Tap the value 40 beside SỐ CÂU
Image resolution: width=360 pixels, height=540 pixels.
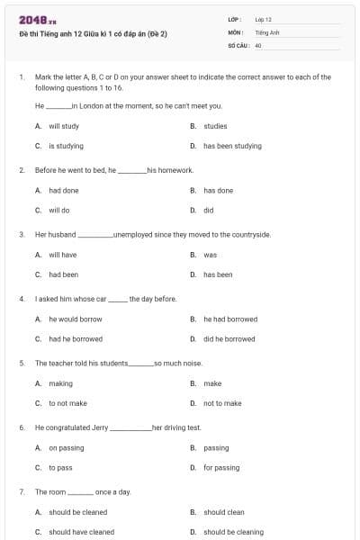[x=258, y=43]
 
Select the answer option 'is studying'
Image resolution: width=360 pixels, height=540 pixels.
[x=66, y=146]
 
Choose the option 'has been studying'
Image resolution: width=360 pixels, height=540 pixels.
[x=232, y=146]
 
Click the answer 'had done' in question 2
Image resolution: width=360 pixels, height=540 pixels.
[x=64, y=191]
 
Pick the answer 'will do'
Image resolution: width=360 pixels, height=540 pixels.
[x=59, y=210]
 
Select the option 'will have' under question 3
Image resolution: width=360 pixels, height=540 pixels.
[x=63, y=255]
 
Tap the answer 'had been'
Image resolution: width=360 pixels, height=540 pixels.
[x=64, y=274]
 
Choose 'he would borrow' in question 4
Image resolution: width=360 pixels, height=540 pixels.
[x=76, y=319]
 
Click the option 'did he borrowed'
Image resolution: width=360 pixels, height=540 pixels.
[x=229, y=339]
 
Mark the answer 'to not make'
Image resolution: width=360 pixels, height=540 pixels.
[x=67, y=403]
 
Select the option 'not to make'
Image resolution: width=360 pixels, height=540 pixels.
[x=222, y=403]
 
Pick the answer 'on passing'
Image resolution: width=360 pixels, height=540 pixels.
[x=67, y=448]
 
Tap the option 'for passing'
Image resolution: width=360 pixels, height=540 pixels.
[x=221, y=468]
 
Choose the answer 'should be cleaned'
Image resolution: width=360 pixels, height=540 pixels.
[x=78, y=513]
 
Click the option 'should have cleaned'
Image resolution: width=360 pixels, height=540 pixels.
[x=82, y=532]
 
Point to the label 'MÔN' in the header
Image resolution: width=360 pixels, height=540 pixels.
[x=235, y=31]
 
